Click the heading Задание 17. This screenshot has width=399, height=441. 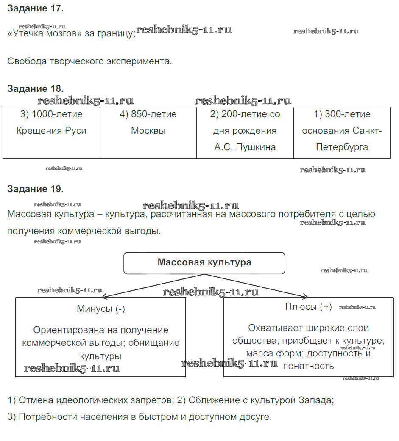click(x=35, y=8)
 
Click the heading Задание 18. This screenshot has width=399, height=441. click(x=35, y=89)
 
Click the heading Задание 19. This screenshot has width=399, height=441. click(x=35, y=189)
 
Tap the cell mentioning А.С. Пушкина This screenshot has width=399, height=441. click(x=245, y=131)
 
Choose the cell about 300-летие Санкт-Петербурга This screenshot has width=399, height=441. click(x=342, y=131)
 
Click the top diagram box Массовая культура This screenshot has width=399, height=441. click(x=204, y=262)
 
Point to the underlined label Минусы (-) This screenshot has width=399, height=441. click(x=101, y=309)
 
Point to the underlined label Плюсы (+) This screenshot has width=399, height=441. click(x=308, y=307)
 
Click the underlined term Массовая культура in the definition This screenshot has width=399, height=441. click(x=51, y=214)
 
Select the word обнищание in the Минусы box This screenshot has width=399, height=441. click(x=153, y=343)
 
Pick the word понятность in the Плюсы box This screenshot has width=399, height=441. click(x=308, y=366)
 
